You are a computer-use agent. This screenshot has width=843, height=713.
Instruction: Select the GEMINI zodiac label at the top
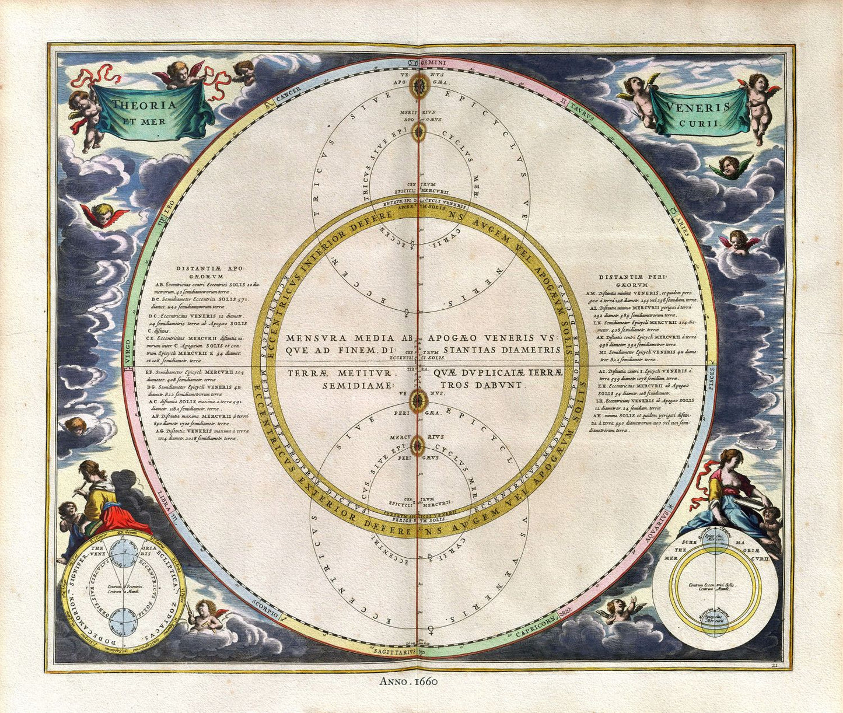click(433, 62)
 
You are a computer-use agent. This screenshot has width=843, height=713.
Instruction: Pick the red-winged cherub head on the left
click(104, 214)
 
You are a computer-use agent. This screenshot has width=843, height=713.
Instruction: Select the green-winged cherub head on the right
click(730, 166)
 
